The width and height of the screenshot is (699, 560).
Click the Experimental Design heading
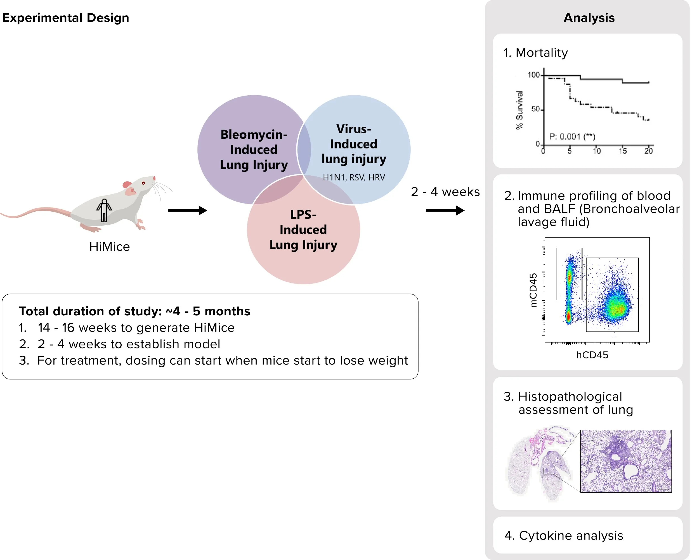pos(65,18)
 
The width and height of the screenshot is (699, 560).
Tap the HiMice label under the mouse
pos(110,247)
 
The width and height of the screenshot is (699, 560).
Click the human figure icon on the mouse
pos(104,211)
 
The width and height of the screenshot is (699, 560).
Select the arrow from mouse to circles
pos(187,211)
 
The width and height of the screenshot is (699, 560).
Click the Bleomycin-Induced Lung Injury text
pos(254,150)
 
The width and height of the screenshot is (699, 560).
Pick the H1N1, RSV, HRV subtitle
pos(354,177)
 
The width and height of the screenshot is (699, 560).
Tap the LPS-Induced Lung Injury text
pos(303,230)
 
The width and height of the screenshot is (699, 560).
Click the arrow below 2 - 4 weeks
pos(445,211)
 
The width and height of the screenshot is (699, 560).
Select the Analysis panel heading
pos(589,18)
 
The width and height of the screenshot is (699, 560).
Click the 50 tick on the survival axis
pos(536,109)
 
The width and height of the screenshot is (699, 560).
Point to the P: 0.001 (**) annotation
pos(572,136)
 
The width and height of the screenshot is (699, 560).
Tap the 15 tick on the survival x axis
pos(622,151)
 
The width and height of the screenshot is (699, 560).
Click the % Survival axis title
pos(519,110)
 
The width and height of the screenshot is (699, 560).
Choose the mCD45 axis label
pos(533,290)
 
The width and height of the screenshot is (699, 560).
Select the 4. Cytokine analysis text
pos(564,535)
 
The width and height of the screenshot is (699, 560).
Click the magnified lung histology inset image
pos(626,461)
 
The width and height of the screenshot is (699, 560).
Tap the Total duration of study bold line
pos(134,311)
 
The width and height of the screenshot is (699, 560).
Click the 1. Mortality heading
pos(536,53)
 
